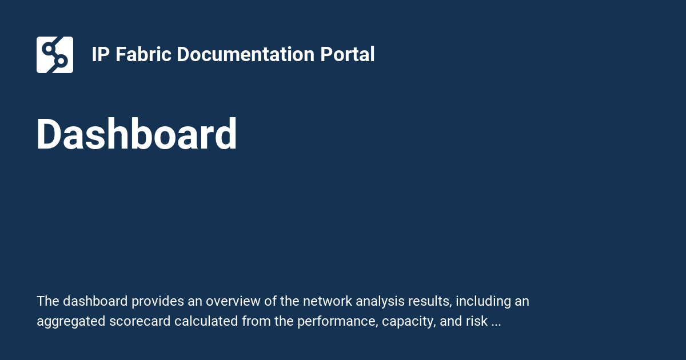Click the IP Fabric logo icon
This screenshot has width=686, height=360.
55,55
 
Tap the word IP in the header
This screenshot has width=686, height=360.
101,55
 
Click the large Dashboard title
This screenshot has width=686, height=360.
137,135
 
